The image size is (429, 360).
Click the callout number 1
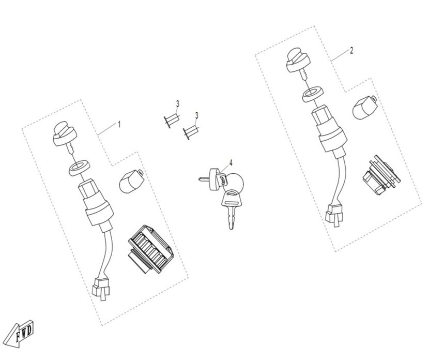click(119, 124)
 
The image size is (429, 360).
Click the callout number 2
click(351, 51)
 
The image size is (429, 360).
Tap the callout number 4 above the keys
click(231, 163)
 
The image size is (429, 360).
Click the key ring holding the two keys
click(235, 181)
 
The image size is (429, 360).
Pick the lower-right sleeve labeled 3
click(190, 132)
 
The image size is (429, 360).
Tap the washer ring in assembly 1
click(80, 169)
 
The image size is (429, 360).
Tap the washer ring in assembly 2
click(313, 94)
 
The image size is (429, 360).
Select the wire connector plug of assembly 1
click(100, 289)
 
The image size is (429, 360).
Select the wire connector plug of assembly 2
click(334, 215)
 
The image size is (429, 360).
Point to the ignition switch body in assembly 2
click(330, 132)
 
